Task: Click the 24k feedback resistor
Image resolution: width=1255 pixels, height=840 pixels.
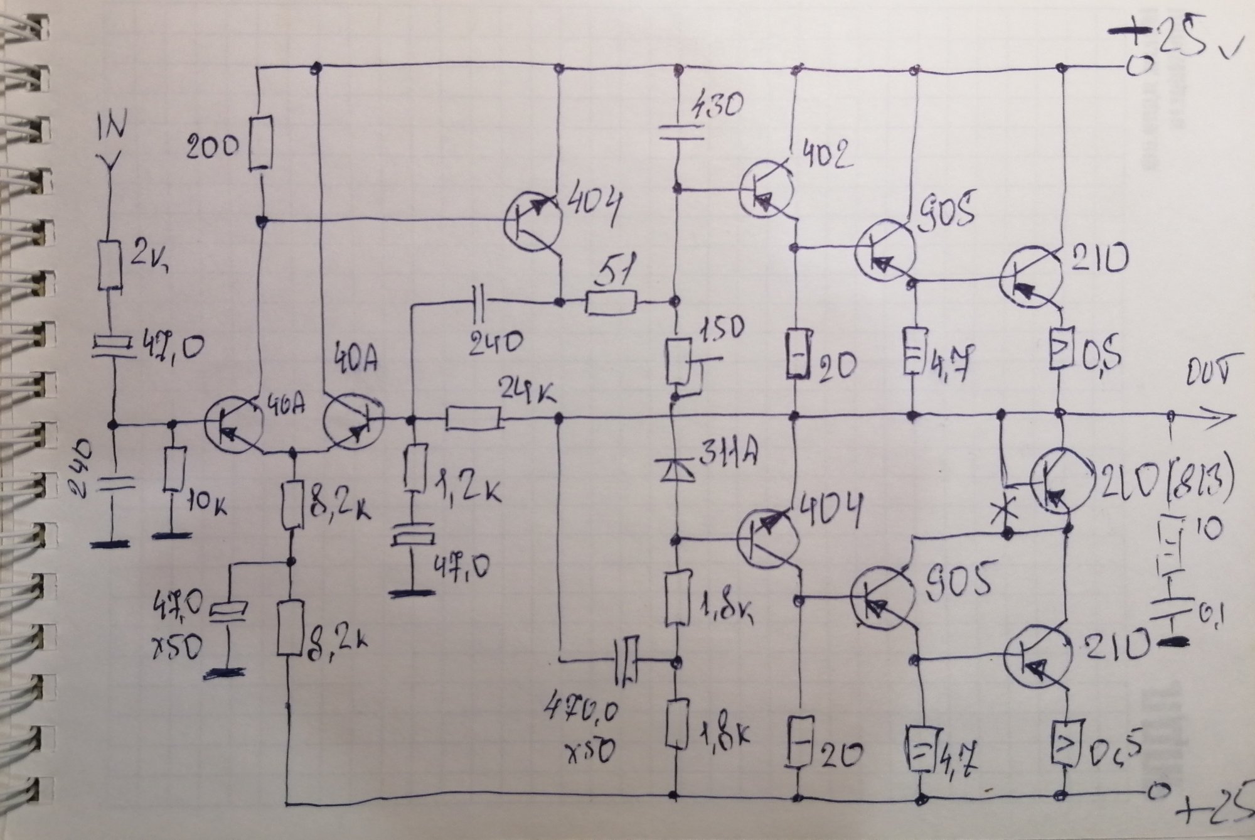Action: pos(474,419)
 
